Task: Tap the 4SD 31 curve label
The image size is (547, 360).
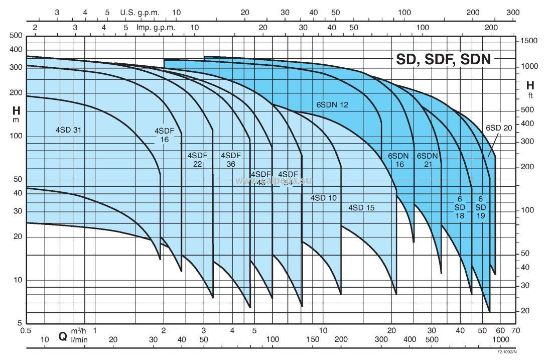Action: (69, 130)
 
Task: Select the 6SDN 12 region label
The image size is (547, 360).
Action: (332, 105)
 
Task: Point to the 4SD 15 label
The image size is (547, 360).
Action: (361, 207)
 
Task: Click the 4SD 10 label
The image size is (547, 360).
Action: (323, 198)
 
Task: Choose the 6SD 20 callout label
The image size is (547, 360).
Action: (499, 128)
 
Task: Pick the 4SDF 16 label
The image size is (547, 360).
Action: (165, 135)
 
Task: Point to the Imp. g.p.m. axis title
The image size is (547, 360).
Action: (156, 27)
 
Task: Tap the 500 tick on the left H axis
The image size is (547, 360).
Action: (17, 35)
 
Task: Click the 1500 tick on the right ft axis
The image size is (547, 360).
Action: (529, 41)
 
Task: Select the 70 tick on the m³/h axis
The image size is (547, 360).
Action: (515, 330)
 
